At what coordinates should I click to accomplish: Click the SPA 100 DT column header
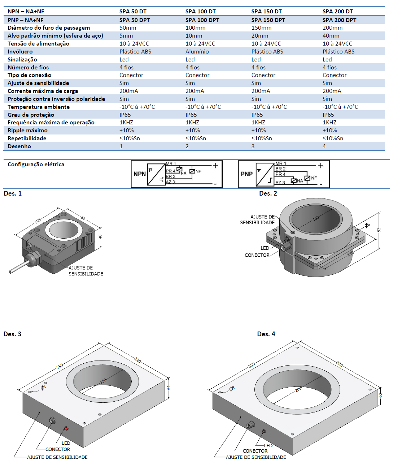tap(200, 12)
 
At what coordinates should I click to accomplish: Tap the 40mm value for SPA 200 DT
tap(331, 36)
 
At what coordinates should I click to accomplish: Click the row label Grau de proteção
tap(31, 115)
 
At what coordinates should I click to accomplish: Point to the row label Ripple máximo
tap(27, 131)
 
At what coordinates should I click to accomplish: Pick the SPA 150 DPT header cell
tap(268, 20)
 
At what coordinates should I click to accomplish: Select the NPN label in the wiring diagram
tap(139, 174)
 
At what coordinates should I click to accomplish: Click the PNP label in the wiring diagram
tap(246, 174)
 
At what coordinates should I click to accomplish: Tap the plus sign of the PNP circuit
tap(320, 166)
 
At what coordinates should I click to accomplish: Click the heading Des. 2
tap(268, 193)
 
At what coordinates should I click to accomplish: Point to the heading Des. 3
tap(12, 334)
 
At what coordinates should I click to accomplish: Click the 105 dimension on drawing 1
tap(38, 221)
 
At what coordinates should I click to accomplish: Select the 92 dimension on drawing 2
tap(379, 230)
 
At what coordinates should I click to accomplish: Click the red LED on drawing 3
tap(66, 428)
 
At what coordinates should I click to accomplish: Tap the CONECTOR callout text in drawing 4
tap(255, 451)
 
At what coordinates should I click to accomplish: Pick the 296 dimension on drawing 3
tap(60, 366)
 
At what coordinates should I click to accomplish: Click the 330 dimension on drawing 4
tap(340, 364)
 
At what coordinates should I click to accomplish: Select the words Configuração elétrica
tap(36, 164)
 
